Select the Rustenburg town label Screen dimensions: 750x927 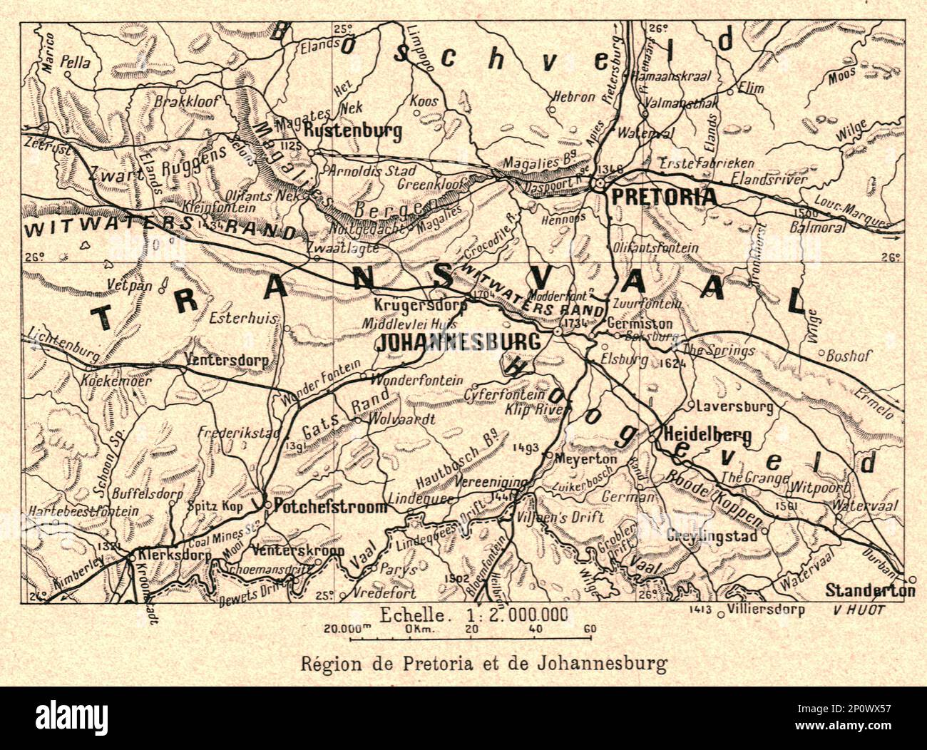[x=353, y=131]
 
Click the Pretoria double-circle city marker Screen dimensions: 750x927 [x=601, y=183]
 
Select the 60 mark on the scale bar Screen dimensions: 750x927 [x=588, y=629]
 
